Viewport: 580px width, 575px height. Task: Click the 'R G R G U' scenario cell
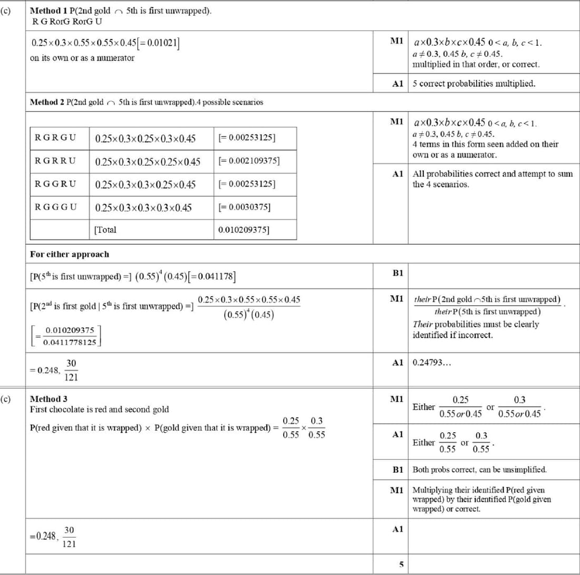click(x=55, y=138)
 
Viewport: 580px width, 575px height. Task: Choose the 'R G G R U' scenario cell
click(x=55, y=184)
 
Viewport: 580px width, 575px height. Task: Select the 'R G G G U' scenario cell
click(x=55, y=207)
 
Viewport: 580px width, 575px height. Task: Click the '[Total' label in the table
click(x=105, y=230)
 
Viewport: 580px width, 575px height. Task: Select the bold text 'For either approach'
click(x=70, y=254)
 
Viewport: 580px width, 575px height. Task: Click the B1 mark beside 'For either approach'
click(x=398, y=272)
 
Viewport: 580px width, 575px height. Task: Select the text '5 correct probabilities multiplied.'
click(x=474, y=83)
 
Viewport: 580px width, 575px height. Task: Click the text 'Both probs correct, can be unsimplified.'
click(x=479, y=469)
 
